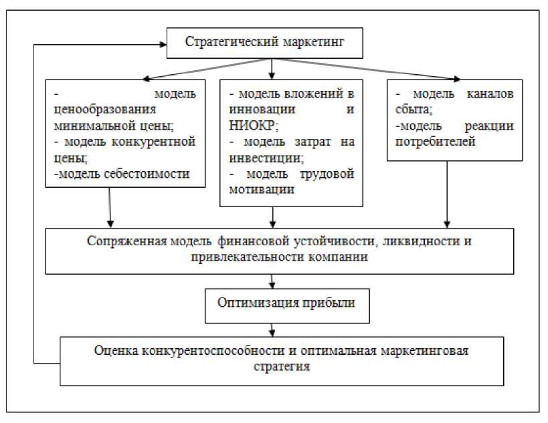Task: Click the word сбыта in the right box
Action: pyautogui.click(x=414, y=110)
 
